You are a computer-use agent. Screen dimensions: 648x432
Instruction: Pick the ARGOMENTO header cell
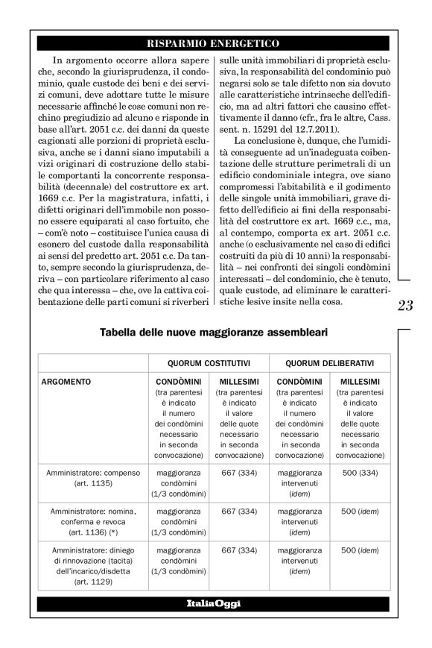[x=69, y=382]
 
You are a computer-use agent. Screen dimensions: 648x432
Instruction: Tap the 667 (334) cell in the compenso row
[x=238, y=472]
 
